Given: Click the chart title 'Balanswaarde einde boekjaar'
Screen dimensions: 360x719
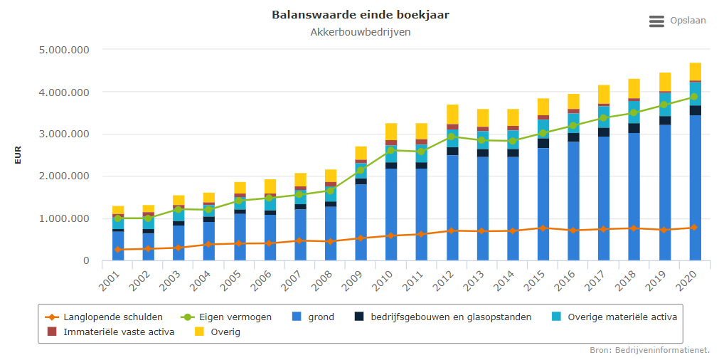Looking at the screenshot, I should [x=360, y=15].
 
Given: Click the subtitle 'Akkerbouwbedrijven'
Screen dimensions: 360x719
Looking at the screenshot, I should [x=360, y=32].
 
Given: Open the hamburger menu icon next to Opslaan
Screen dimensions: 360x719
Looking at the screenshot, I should [x=656, y=21].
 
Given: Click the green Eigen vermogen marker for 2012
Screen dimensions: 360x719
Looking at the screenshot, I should [x=452, y=137].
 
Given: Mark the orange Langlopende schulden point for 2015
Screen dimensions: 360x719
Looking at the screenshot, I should [x=543, y=228].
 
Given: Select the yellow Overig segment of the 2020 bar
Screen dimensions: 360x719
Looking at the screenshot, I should [x=695, y=71].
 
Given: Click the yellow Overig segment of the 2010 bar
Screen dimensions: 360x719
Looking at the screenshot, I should [x=391, y=132].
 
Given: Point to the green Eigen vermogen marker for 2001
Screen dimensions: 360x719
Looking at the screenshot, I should [x=117, y=218].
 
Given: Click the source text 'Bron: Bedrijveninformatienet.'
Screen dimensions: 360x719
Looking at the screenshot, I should [x=649, y=350].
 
